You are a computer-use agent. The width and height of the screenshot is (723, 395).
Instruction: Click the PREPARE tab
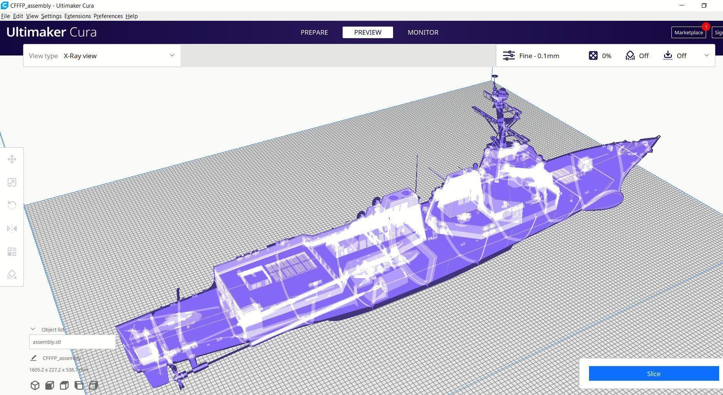click(x=314, y=32)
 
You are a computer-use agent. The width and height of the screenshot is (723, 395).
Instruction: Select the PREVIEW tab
click(x=368, y=32)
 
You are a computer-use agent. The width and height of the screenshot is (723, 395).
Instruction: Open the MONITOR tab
click(x=423, y=32)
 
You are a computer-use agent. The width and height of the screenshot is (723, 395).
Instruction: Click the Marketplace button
click(x=688, y=33)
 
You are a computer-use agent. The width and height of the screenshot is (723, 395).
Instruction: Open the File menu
click(x=5, y=16)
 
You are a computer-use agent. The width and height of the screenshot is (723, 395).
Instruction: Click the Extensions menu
click(x=77, y=16)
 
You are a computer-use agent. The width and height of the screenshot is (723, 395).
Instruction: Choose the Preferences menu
click(x=108, y=16)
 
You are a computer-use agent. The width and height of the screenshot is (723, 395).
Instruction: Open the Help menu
click(x=131, y=16)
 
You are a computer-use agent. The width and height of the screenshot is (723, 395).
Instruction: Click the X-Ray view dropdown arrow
click(x=172, y=55)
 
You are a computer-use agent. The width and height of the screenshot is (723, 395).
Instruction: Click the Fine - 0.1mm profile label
click(x=539, y=56)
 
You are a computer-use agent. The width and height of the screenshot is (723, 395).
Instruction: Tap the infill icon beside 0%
click(x=593, y=55)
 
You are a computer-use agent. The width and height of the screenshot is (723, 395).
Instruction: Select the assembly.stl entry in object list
click(x=72, y=342)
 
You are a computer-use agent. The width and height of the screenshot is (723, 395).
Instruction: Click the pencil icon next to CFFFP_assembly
click(x=33, y=358)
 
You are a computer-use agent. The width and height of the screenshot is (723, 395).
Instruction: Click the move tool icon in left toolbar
click(x=12, y=159)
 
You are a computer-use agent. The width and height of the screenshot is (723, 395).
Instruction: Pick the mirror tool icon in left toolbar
click(x=12, y=229)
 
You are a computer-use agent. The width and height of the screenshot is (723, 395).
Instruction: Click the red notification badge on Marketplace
click(x=706, y=27)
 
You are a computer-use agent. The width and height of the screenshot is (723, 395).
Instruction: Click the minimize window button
click(x=682, y=5)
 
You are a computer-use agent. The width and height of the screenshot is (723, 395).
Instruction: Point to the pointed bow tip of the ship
click(x=659, y=136)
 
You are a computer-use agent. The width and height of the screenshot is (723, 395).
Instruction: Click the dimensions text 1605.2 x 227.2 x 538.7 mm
click(x=59, y=370)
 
